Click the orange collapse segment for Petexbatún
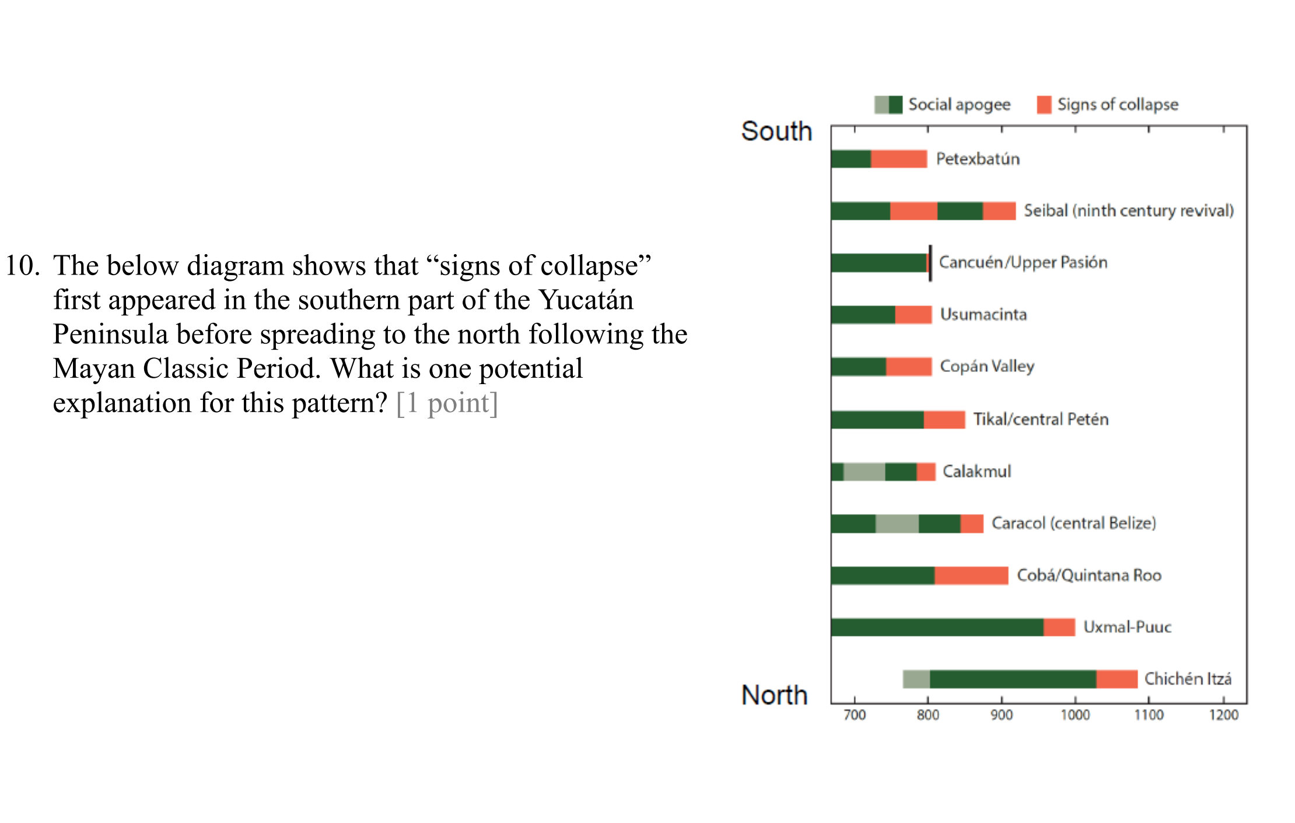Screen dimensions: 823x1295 pyautogui.click(x=898, y=159)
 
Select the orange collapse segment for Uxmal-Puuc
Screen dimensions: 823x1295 pyautogui.click(x=1059, y=627)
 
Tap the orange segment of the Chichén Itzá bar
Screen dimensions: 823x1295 pyautogui.click(x=1116, y=679)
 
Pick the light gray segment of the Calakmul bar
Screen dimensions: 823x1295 pyautogui.click(x=864, y=472)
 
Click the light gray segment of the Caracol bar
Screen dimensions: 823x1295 pyautogui.click(x=897, y=523)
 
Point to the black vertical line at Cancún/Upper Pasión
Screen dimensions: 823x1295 pyautogui.click(x=930, y=263)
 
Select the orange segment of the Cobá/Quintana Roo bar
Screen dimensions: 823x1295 pyautogui.click(x=971, y=575)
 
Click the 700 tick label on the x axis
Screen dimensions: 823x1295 pyautogui.click(x=855, y=715)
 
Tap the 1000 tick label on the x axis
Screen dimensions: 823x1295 pyautogui.click(x=1074, y=715)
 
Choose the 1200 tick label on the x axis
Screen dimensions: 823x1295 pyautogui.click(x=1223, y=715)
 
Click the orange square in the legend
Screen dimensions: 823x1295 pyautogui.click(x=1044, y=105)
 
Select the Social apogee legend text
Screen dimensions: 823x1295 pyautogui.click(x=959, y=105)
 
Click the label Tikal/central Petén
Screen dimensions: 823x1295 pyautogui.click(x=1041, y=419)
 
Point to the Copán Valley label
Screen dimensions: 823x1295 pyautogui.click(x=987, y=367)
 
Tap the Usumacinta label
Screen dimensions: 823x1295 pyautogui.click(x=984, y=315)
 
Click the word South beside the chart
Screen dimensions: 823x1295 pyautogui.click(x=776, y=132)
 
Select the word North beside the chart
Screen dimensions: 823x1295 pyautogui.click(x=775, y=695)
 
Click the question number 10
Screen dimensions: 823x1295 pyautogui.click(x=22, y=266)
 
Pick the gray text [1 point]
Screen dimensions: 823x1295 pyautogui.click(x=447, y=403)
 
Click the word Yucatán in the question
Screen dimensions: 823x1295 pyautogui.click(x=586, y=300)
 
